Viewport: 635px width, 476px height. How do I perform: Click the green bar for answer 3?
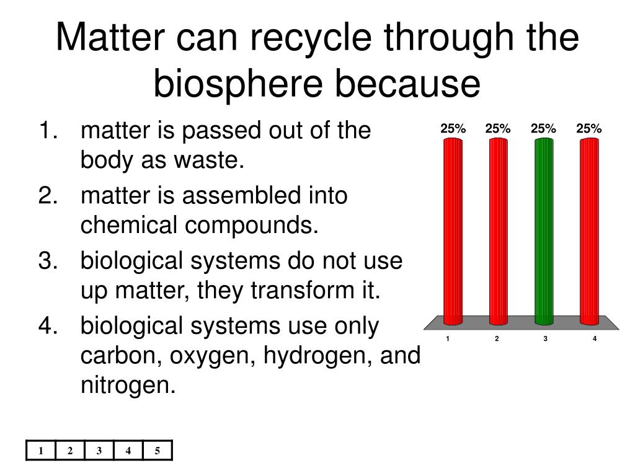[544, 231]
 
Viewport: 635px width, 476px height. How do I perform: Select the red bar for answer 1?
[453, 231]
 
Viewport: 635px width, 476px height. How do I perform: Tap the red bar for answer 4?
[589, 231]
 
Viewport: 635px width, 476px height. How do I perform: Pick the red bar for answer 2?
[498, 231]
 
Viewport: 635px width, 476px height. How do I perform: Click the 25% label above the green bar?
[543, 128]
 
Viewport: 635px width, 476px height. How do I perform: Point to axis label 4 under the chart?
[595, 338]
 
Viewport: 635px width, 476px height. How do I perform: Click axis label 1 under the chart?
[448, 338]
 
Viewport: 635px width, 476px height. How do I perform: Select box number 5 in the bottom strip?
[158, 451]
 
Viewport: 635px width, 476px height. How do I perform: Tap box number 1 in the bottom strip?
[41, 451]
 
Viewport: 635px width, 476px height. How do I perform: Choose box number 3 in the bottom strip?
[99, 451]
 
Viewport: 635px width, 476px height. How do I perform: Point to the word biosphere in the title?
[238, 84]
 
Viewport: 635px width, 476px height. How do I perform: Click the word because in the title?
[408, 84]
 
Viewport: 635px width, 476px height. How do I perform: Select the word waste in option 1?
[209, 161]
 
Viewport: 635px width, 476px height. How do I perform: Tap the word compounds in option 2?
[252, 226]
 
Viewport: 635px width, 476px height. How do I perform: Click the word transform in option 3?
[303, 290]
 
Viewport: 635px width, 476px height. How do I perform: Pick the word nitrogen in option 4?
[128, 385]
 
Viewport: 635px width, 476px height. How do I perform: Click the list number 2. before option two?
[48, 195]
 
